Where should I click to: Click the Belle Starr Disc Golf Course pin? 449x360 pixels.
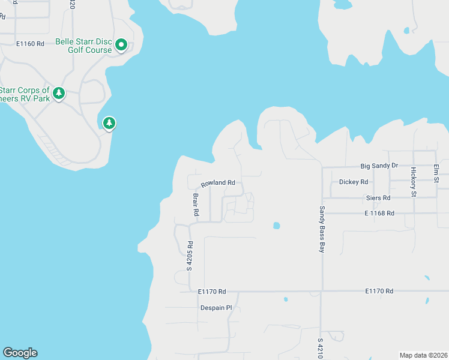tap(121, 44)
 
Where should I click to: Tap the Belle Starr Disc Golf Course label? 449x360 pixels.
tap(83, 46)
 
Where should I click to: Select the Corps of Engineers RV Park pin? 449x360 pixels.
tap(59, 93)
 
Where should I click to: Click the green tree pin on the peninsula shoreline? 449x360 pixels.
tap(109, 123)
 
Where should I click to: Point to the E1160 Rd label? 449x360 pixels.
tap(31, 44)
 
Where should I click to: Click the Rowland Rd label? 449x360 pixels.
tap(217, 183)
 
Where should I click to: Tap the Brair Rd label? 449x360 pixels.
tap(196, 204)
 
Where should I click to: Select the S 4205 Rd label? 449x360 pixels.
tap(189, 256)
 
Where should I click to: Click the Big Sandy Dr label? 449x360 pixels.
tap(379, 166)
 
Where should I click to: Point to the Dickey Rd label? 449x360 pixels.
tap(353, 182)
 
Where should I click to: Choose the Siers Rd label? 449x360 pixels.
tap(378, 197)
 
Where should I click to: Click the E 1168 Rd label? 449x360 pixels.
tap(379, 213)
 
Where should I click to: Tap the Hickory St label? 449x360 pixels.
tap(414, 182)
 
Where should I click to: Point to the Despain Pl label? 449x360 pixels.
tap(215, 308)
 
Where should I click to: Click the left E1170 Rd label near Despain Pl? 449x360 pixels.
tap(212, 292)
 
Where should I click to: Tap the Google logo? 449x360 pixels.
tap(20, 353)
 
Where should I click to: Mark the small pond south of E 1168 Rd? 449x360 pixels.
tap(276, 226)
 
